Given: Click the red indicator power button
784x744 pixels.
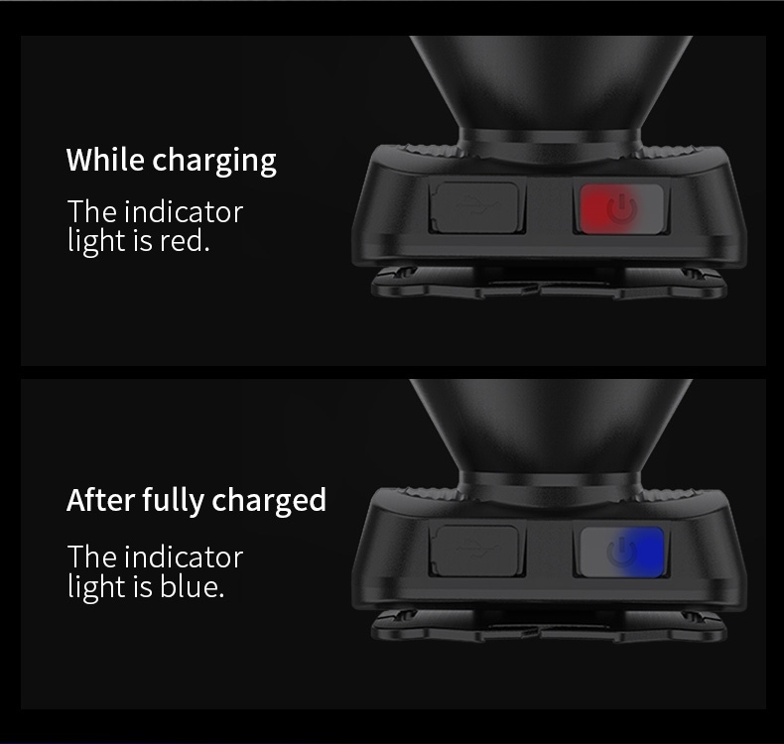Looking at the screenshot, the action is (x=621, y=208).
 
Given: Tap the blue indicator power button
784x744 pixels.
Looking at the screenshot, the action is (x=621, y=552).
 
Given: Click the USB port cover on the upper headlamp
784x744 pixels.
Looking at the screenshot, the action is (x=474, y=207).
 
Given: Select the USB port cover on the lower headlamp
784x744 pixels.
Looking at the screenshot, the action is (x=474, y=551).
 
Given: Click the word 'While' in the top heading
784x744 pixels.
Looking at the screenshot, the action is (x=105, y=160).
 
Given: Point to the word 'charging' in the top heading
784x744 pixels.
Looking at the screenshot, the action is (x=214, y=161).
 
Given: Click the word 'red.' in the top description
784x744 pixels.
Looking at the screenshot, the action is (x=185, y=240).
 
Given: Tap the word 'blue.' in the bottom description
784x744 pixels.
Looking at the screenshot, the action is (x=192, y=585).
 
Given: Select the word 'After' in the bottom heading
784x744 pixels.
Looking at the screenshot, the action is (x=100, y=499).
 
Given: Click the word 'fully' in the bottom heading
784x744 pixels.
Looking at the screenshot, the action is (x=173, y=501).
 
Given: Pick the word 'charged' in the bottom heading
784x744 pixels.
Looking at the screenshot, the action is (x=269, y=501).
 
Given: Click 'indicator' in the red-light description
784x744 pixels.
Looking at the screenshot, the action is (x=184, y=211).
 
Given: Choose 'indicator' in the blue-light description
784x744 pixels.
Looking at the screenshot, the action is (x=184, y=557).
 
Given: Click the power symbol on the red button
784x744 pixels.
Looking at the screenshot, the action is (x=622, y=208).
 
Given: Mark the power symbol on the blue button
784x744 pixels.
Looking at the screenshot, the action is (x=622, y=552).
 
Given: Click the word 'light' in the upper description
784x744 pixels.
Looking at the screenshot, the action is (x=96, y=241).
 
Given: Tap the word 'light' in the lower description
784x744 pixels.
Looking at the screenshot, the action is (x=96, y=586).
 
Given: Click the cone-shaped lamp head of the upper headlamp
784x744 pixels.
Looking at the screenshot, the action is (x=551, y=85).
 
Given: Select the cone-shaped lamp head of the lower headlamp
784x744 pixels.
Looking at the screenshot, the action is (x=551, y=429).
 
